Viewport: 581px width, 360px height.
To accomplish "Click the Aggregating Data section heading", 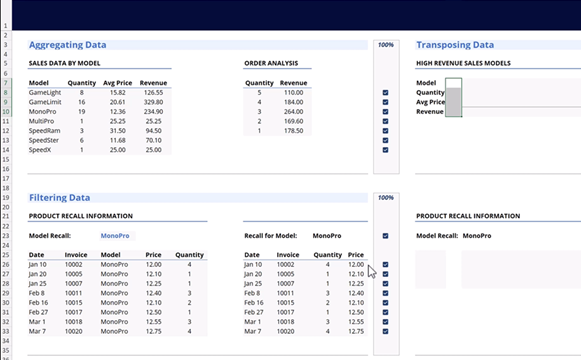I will click(68, 45).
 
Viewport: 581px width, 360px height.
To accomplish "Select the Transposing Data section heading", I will click(455, 45).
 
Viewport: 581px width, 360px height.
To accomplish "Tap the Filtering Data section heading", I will click(60, 198).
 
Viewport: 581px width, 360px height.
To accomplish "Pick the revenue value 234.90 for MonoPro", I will click(153, 111).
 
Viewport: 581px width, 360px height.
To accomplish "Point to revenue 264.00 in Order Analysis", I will click(292, 111).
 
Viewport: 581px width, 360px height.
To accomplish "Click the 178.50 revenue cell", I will click(292, 130).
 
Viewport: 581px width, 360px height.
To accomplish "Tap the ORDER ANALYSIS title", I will click(270, 63).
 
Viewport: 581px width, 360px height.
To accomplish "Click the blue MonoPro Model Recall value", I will click(115, 236).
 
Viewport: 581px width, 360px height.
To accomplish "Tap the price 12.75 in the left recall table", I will click(153, 330).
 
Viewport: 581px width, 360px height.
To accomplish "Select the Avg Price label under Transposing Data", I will click(430, 102).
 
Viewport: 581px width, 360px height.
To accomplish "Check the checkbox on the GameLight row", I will click(385, 92).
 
